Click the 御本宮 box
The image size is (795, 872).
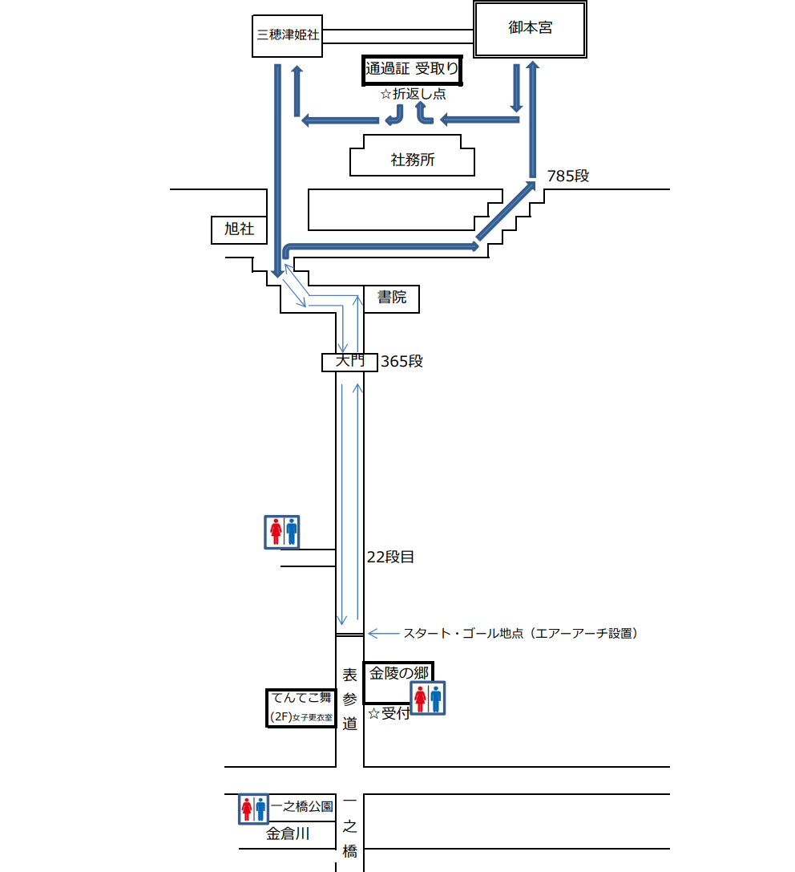click(x=530, y=29)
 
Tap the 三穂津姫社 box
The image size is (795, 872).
click(x=287, y=36)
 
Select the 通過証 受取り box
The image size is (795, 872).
click(x=412, y=70)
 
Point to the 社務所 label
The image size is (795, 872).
click(x=412, y=160)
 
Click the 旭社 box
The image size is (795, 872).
click(x=239, y=229)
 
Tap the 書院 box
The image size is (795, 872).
click(x=392, y=298)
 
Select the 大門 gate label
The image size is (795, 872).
click(x=349, y=362)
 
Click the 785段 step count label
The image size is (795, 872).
click(x=567, y=176)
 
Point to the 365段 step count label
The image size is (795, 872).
click(x=402, y=362)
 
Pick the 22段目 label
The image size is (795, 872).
click(x=390, y=557)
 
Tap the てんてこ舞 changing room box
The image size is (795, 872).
click(x=301, y=708)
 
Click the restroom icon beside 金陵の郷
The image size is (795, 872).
click(x=428, y=698)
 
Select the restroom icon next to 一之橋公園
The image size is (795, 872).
click(x=252, y=809)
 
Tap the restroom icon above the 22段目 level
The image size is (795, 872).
click(x=282, y=532)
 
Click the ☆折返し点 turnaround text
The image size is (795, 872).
click(x=413, y=94)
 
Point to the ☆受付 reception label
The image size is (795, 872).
click(x=389, y=713)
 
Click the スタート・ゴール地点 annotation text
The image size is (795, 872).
click(x=520, y=633)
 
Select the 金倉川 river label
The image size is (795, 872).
click(x=288, y=834)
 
